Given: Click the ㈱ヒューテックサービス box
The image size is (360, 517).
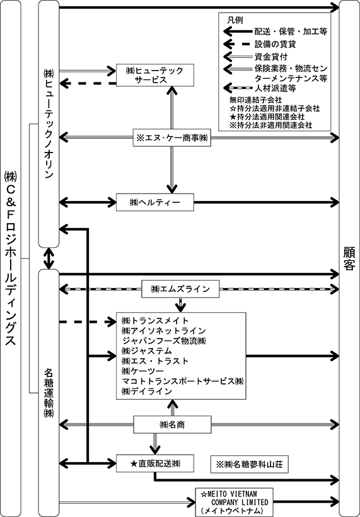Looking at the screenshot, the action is tap(155, 75).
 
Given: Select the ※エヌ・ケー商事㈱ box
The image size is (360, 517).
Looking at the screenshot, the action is tap(171, 137).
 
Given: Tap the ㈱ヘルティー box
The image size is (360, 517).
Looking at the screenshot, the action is tap(155, 202).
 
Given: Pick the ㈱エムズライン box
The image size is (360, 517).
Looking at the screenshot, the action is tap(180, 289).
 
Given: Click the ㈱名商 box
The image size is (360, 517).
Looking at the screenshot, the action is tap(172, 425).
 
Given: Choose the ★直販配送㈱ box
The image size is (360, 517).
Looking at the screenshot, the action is tap(155, 463).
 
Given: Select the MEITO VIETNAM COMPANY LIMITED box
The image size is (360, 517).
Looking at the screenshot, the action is tap(235, 502).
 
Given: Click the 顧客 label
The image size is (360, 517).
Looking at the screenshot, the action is tap(349, 258).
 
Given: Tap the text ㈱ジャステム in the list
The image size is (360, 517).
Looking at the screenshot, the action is tap(147, 351).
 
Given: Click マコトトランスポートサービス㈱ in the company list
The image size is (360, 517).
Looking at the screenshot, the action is tap(183, 381).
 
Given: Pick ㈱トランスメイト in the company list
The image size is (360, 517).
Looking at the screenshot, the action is tap(155, 320).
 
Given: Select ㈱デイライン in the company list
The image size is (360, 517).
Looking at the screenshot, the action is tap(147, 392).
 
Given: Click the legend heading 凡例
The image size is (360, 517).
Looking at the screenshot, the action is tap(235, 20).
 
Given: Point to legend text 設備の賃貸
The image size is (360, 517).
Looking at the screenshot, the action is tap(275, 44).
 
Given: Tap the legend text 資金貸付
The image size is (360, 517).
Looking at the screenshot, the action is tap(271, 57).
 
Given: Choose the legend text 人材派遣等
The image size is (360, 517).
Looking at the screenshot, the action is tap(275, 88).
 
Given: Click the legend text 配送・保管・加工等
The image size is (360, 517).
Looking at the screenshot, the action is tap(291, 32).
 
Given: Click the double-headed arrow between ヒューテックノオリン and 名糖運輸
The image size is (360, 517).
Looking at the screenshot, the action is tap(49, 258).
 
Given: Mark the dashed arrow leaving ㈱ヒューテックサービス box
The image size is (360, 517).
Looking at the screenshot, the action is tap(88, 83).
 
